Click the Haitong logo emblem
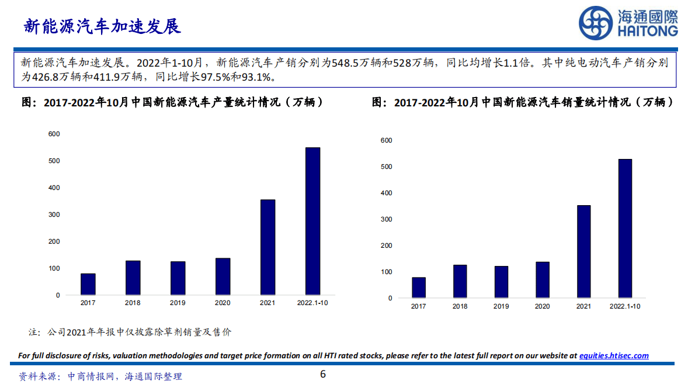pos(596,23)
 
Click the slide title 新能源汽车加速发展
pos(102,26)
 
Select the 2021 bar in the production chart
pos(267,247)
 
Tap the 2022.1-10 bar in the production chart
pos(312,221)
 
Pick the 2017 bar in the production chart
pos(88,284)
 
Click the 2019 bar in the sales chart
pos(501,282)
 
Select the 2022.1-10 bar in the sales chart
pos(625,229)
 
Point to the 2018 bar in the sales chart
pos(460,281)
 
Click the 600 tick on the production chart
pos(54,134)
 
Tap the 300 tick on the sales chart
pos(386,219)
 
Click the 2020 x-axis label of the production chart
pos(223,303)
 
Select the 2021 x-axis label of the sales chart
pos(583,306)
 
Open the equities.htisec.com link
pos(613,355)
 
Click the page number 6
pos(322,375)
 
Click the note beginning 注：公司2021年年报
pos(130,332)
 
